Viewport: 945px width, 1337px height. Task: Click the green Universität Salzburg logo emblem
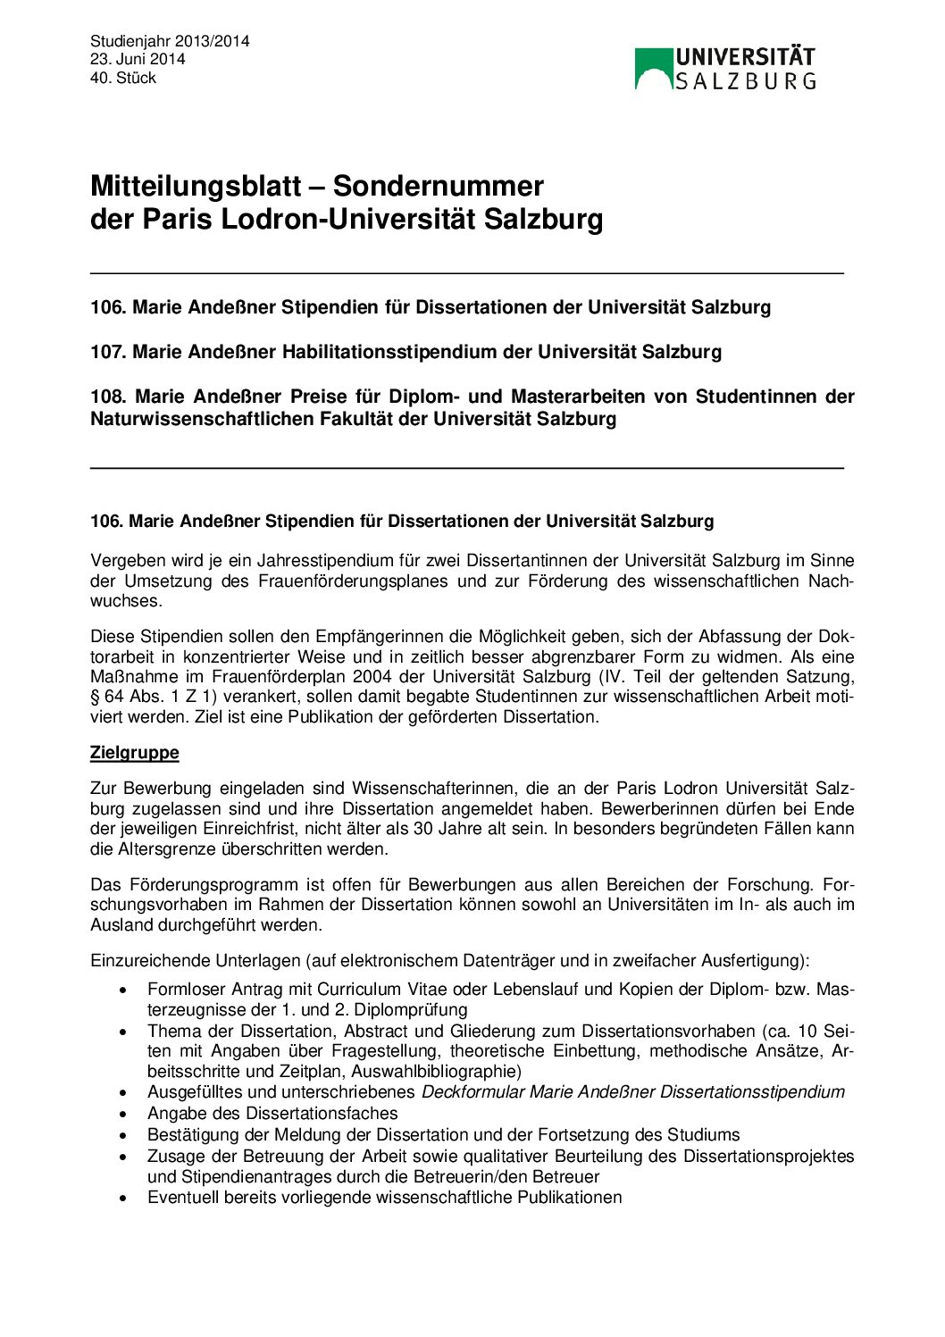[x=653, y=68]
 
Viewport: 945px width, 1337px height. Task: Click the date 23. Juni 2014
[x=138, y=59]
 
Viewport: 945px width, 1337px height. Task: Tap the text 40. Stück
[x=123, y=78]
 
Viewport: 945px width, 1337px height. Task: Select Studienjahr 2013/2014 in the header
[x=170, y=41]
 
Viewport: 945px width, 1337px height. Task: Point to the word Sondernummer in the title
[x=438, y=186]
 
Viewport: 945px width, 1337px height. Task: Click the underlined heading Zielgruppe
[x=134, y=753]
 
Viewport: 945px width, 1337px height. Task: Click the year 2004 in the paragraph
[x=372, y=676]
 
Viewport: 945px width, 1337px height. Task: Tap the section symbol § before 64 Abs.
[x=95, y=697]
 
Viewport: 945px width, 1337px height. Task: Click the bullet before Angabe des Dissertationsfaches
[x=124, y=1115]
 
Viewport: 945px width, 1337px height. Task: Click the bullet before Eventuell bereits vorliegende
[x=124, y=1199]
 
